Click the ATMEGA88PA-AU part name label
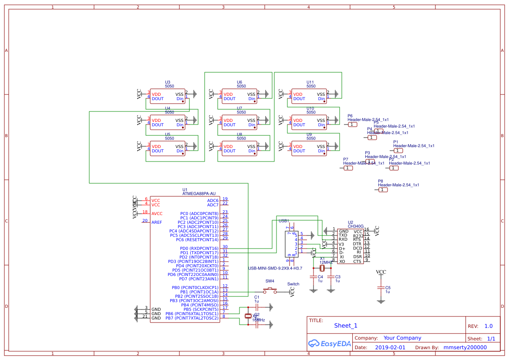click(x=199, y=194)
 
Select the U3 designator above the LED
click(x=168, y=82)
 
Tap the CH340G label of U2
click(x=356, y=226)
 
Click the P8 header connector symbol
click(x=382, y=189)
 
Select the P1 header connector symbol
click(x=398, y=150)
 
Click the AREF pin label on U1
click(x=157, y=222)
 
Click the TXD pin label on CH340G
click(x=343, y=235)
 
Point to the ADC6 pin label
click(x=213, y=201)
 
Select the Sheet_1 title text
click(x=346, y=326)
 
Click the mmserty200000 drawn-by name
click(x=465, y=347)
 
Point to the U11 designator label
click(x=310, y=82)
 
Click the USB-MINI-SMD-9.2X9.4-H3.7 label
click(x=275, y=268)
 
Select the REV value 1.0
click(x=489, y=326)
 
